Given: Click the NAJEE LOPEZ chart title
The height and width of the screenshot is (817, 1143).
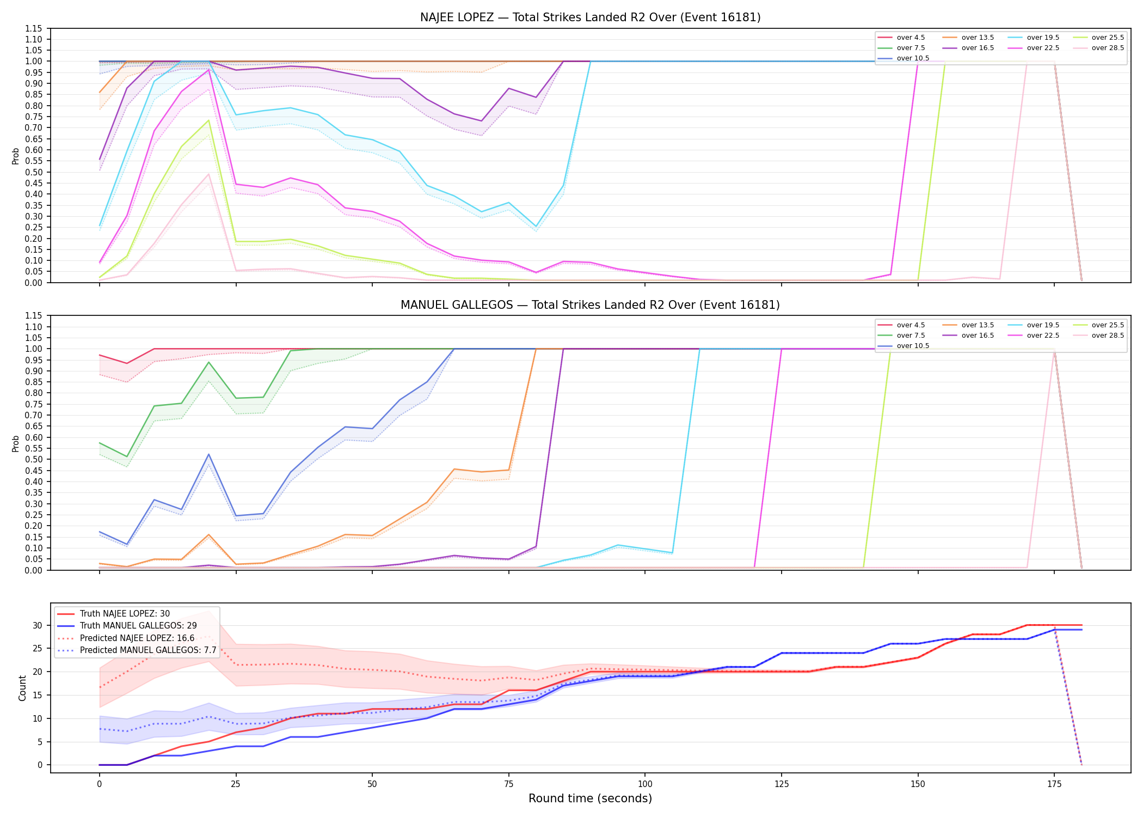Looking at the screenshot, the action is pyautogui.click(x=590, y=17).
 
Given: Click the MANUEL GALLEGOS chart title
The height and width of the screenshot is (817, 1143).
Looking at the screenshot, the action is pyautogui.click(x=590, y=305).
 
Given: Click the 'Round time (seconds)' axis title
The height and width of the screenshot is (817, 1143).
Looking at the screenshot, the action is pyautogui.click(x=590, y=798).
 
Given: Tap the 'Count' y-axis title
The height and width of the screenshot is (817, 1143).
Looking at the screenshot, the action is pyautogui.click(x=22, y=688).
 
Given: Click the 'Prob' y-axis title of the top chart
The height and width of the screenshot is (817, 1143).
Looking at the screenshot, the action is pyautogui.click(x=15, y=156).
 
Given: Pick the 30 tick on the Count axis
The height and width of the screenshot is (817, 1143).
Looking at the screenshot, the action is pyautogui.click(x=37, y=625).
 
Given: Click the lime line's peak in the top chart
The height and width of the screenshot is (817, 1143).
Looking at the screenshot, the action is pyautogui.click(x=208, y=120).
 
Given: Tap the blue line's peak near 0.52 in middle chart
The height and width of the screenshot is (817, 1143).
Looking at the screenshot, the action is pyautogui.click(x=208, y=454).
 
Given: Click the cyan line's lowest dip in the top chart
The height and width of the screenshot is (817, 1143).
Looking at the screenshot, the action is pyautogui.click(x=536, y=227).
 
